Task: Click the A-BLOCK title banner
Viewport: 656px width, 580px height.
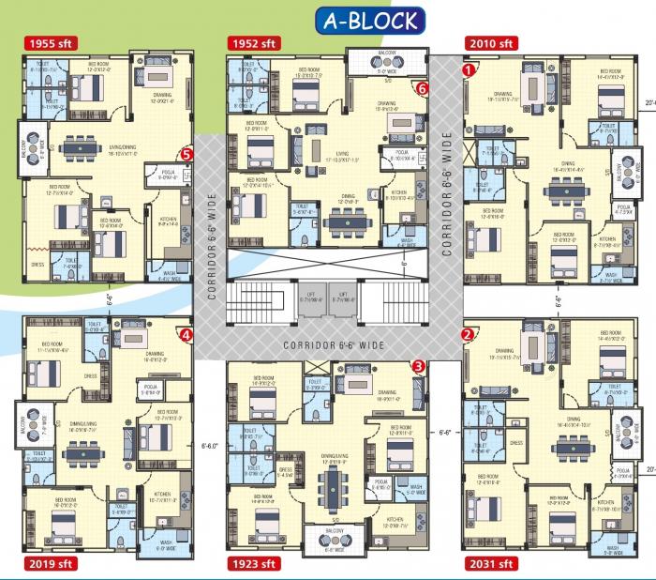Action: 369,20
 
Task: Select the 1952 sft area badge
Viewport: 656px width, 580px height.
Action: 253,44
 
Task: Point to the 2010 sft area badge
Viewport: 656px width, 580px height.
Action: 491,44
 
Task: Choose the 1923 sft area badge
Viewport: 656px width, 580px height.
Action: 253,564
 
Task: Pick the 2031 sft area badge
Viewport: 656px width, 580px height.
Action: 491,564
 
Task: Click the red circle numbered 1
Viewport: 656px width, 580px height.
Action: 469,68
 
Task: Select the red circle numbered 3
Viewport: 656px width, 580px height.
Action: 418,366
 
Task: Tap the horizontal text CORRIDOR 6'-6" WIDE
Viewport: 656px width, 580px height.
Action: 335,345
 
